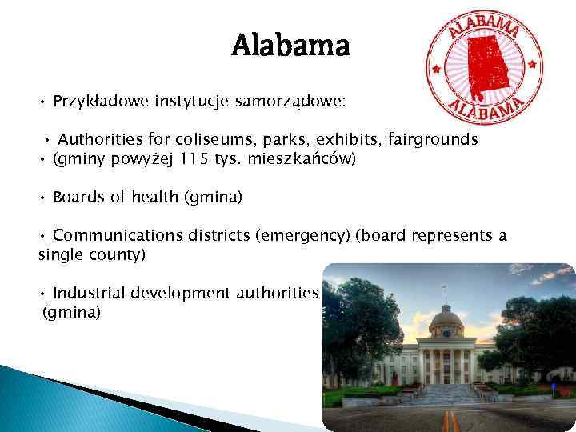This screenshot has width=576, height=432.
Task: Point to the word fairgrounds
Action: (x=434, y=140)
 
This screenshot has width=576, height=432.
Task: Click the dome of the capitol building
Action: (x=446, y=318)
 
